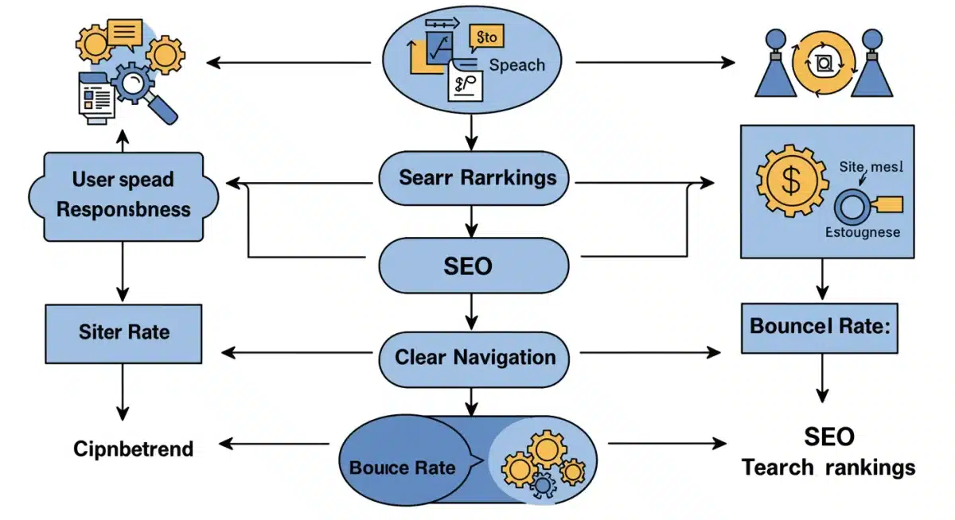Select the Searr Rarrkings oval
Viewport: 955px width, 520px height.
tap(474, 178)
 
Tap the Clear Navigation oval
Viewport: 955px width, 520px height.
tap(474, 358)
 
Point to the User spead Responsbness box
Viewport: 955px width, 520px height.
tap(123, 196)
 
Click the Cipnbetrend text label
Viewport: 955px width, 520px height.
tap(133, 449)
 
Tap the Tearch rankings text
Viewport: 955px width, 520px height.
tap(828, 468)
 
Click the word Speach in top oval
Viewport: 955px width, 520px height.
tap(516, 65)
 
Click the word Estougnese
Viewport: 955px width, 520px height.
tap(861, 232)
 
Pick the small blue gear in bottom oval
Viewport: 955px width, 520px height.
tap(544, 483)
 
